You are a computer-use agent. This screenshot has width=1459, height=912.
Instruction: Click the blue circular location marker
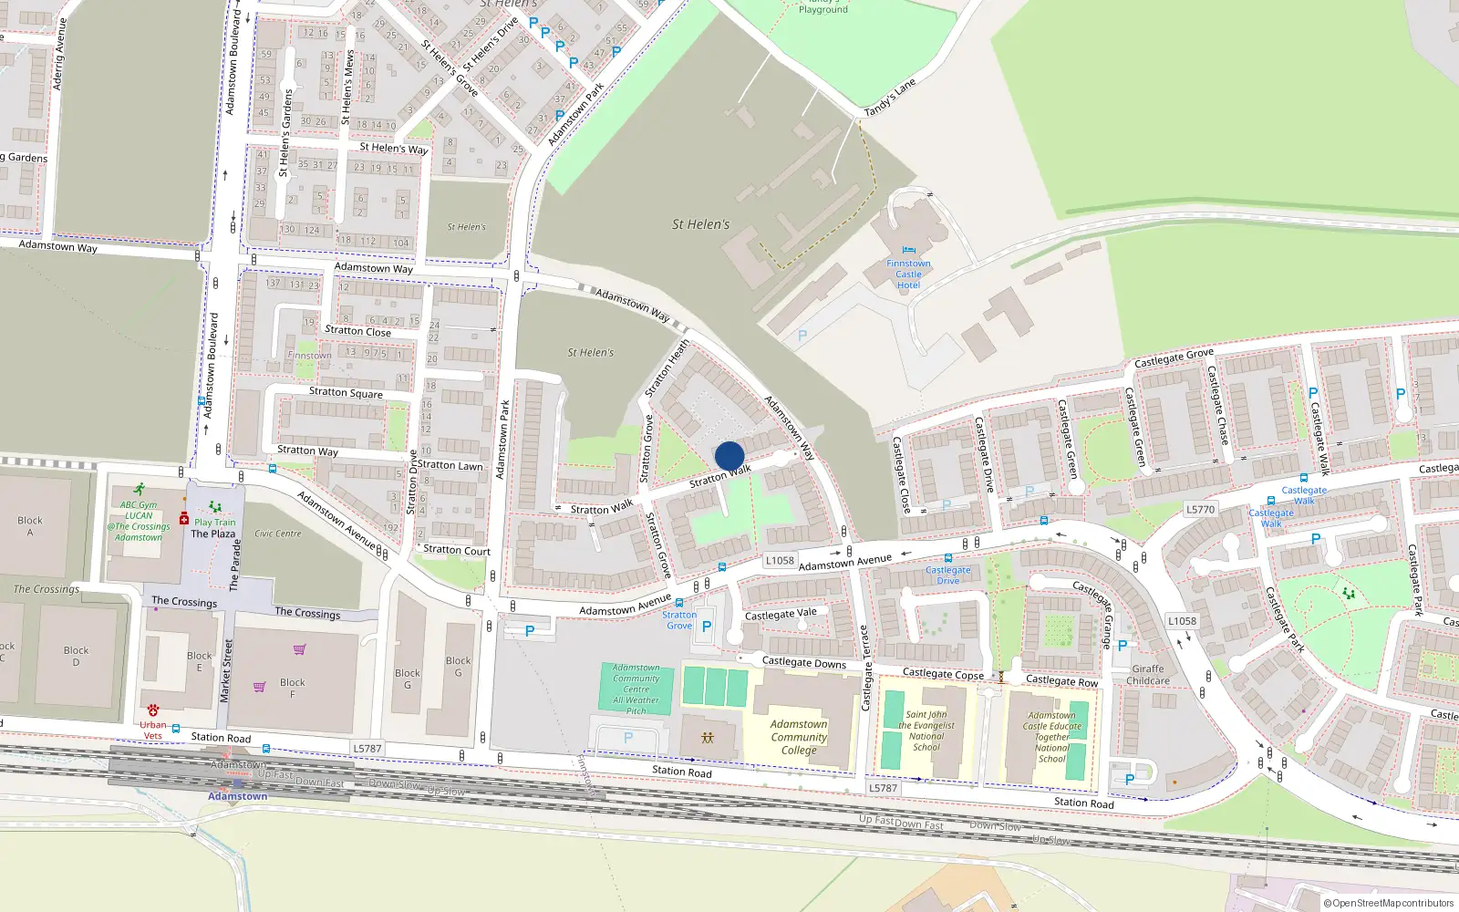point(729,456)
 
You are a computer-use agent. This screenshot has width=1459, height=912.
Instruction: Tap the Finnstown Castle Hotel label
point(908,275)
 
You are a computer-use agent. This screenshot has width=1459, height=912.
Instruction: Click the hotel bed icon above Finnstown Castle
point(908,250)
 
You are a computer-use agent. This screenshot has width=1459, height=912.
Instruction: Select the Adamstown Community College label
point(799,737)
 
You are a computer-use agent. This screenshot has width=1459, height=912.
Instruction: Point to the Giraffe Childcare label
point(1148,675)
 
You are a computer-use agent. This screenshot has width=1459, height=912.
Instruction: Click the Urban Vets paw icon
point(153,710)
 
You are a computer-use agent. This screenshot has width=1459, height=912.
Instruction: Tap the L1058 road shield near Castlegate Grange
point(1182,621)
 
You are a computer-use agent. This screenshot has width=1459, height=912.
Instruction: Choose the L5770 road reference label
point(1200,510)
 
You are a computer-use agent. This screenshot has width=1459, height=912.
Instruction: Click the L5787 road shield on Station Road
point(367,749)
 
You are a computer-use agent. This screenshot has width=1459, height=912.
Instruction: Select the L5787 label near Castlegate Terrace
point(883,788)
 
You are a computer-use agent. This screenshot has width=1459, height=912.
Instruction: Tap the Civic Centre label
point(278,534)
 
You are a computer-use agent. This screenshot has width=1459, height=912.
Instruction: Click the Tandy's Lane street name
point(889,98)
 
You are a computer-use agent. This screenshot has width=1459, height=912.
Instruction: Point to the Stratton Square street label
point(346,393)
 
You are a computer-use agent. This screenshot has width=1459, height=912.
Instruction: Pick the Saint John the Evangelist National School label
point(926,731)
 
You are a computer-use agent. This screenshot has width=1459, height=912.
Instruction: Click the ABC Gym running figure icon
point(139,490)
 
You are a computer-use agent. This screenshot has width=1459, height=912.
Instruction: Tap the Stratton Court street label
point(457,550)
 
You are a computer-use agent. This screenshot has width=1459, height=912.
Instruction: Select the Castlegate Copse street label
point(943,674)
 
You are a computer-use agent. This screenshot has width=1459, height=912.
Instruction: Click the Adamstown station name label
point(237,796)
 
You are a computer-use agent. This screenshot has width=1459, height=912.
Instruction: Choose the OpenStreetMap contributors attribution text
point(1389,904)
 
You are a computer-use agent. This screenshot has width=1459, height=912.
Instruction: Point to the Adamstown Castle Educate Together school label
point(1052,737)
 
